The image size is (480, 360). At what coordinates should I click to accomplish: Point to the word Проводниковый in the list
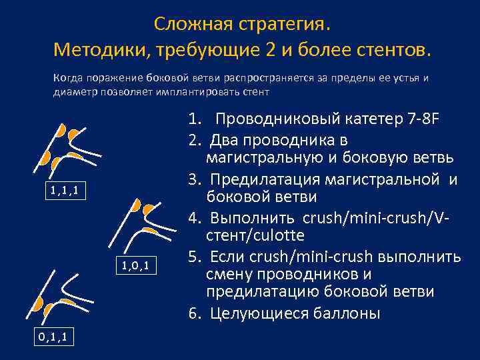point(281,121)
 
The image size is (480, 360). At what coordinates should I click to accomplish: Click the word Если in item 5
point(227,256)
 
